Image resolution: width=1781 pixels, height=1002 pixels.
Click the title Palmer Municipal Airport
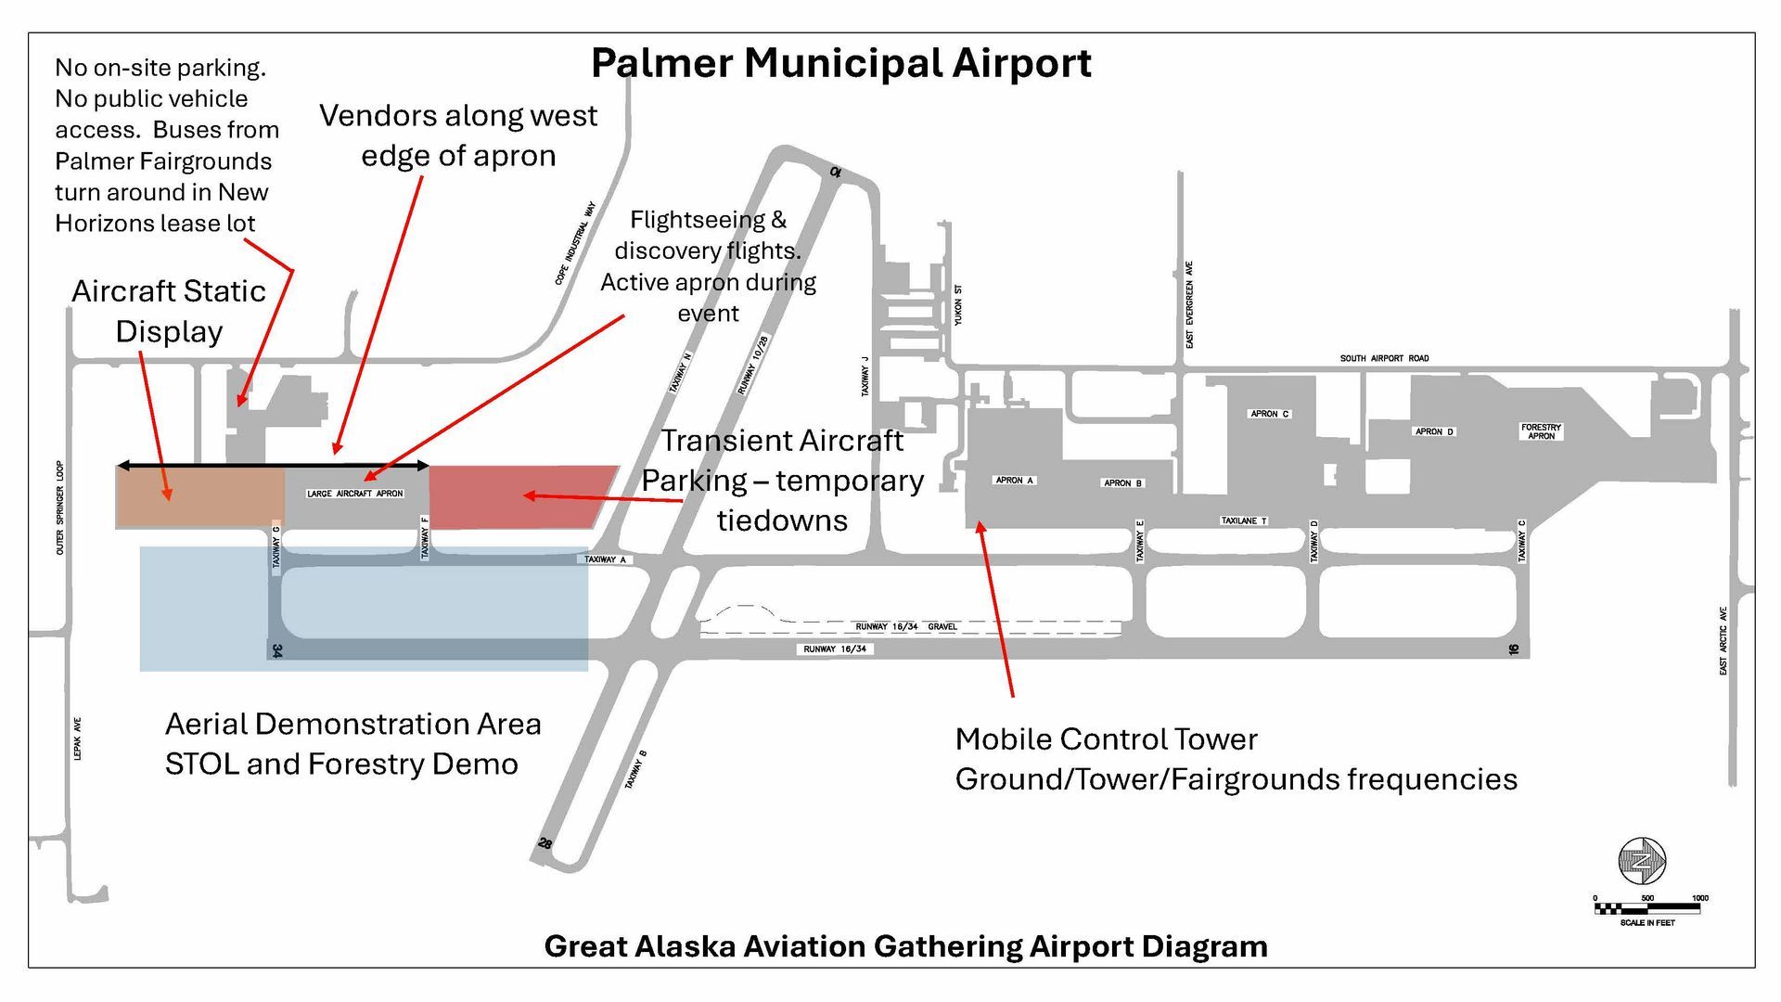click(x=840, y=64)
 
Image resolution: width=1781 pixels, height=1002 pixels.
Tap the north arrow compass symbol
click(x=1642, y=860)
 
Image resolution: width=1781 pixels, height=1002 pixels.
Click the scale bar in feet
click(x=1647, y=908)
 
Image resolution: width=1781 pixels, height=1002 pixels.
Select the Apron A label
click(x=1014, y=481)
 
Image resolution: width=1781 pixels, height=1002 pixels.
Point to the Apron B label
click(x=1122, y=483)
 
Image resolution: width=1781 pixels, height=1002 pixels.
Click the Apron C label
click(x=1269, y=414)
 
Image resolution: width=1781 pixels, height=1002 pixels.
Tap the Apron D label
click(x=1434, y=431)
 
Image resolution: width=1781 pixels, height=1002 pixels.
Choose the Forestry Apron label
click(x=1541, y=431)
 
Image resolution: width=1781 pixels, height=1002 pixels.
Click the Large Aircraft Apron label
click(x=355, y=494)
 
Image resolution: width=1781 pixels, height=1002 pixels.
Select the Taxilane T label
click(x=1244, y=520)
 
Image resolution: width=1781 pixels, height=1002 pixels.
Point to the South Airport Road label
click(x=1384, y=358)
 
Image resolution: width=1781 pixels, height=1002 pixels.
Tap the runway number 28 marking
click(x=545, y=843)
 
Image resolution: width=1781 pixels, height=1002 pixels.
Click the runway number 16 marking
click(x=1513, y=649)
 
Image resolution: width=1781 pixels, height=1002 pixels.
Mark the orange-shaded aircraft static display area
click(x=199, y=497)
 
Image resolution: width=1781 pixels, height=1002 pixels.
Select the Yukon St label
click(x=958, y=305)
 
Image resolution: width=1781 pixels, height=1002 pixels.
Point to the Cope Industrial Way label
click(x=575, y=243)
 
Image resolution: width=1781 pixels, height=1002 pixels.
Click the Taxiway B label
click(x=635, y=770)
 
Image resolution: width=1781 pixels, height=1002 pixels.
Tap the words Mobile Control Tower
click(x=1106, y=739)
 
